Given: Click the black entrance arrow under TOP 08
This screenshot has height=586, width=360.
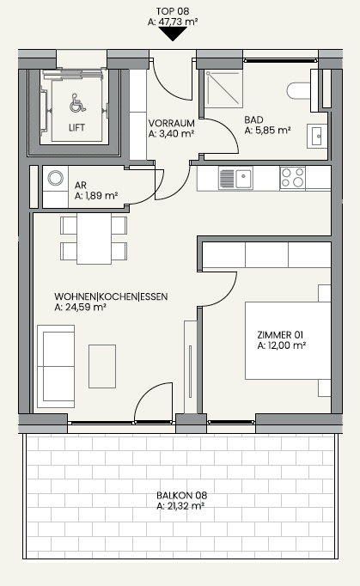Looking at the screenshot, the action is (x=173, y=34).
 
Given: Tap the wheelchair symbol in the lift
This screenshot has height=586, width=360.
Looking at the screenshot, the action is (x=77, y=103).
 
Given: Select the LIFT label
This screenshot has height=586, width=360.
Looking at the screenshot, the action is (x=76, y=127).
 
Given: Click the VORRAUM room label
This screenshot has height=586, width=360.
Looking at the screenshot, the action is (x=171, y=123).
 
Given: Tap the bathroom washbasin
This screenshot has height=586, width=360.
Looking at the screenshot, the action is (x=317, y=136).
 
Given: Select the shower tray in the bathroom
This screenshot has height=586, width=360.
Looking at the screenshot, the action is (x=224, y=89).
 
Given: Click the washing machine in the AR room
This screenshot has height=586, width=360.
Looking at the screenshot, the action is (x=56, y=178).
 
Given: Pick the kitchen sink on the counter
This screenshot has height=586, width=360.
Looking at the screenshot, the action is (x=235, y=178).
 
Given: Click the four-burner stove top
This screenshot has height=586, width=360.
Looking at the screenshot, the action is (x=292, y=178).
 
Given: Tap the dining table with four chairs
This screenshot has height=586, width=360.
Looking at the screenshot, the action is (x=94, y=238).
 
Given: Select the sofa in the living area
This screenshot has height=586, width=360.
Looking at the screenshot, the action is (x=56, y=366).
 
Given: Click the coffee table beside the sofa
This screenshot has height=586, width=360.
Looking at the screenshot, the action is (x=102, y=366).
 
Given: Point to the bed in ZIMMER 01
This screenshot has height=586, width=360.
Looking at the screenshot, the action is (x=288, y=341).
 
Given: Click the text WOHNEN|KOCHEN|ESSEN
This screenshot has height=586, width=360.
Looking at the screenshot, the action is (x=111, y=296).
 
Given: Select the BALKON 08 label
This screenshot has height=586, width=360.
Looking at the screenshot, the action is (x=181, y=496).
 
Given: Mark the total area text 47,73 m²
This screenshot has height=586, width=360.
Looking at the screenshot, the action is (x=178, y=22).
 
